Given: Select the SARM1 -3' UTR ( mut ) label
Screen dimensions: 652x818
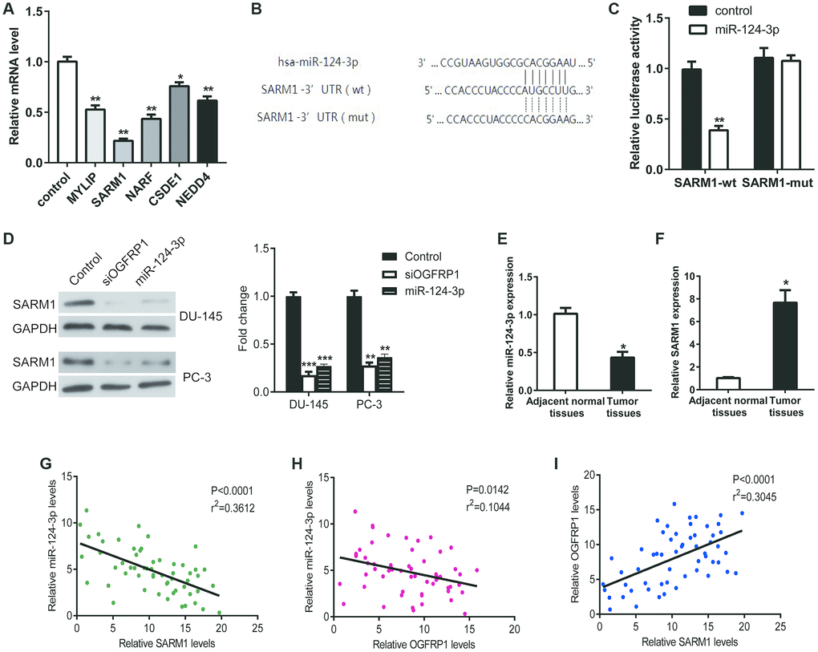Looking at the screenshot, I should [315, 117].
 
